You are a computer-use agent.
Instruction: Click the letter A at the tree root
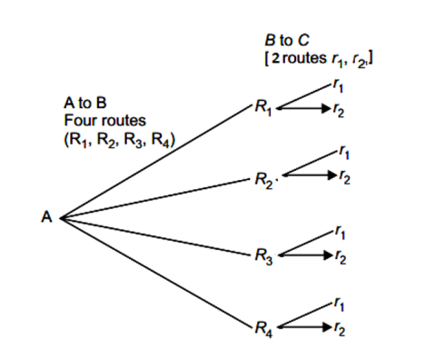[x=45, y=218]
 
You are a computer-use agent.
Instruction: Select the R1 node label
[x=264, y=109]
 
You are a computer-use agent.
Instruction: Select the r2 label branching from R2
[x=343, y=178]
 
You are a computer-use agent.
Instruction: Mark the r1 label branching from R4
[x=339, y=301]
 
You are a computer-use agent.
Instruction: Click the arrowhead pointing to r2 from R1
[x=325, y=110]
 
